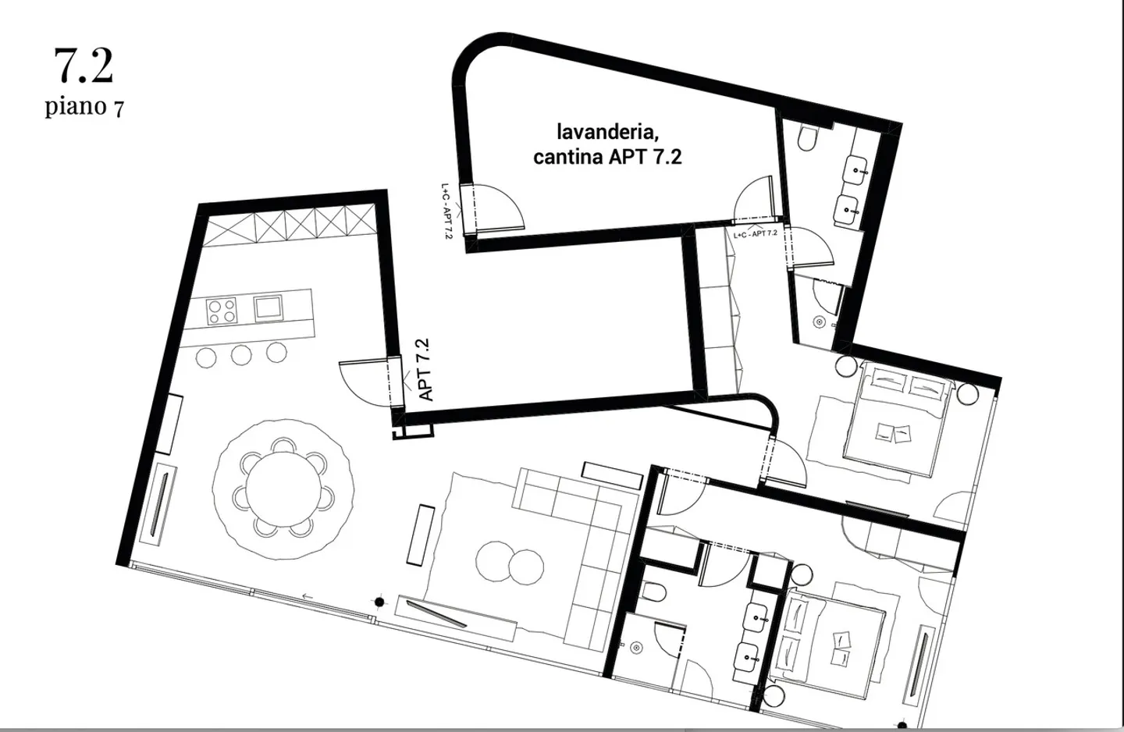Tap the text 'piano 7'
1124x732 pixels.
pos(84,105)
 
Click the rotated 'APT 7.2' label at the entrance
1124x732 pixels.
pos(425,370)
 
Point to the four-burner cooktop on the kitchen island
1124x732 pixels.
pos(222,311)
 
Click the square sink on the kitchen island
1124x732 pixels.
pos(268,307)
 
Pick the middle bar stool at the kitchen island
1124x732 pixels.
pos(241,355)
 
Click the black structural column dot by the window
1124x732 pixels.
pos(380,602)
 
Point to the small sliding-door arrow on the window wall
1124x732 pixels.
pos(308,597)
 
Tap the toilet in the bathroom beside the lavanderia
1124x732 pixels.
pos(807,140)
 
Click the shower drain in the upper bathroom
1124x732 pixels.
pos(820,322)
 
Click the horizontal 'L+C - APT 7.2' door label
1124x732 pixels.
pos(755,233)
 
